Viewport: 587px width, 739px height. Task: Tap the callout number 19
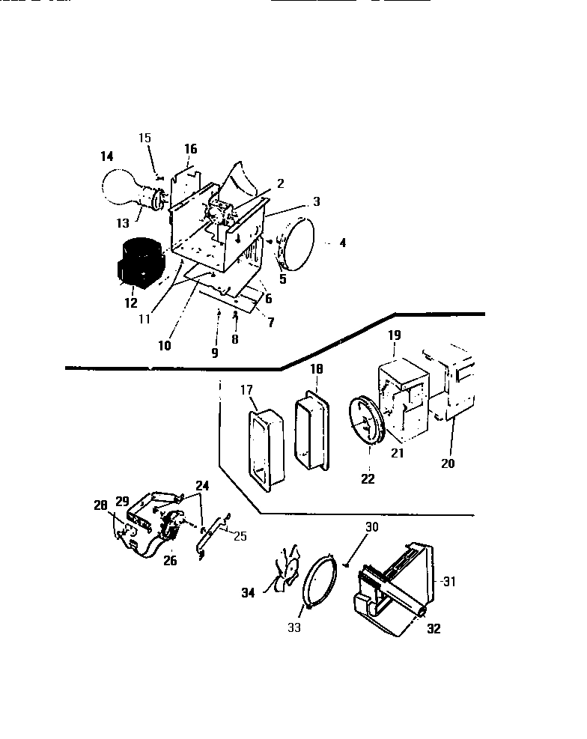tap(394, 337)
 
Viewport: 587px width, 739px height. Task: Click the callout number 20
tap(447, 463)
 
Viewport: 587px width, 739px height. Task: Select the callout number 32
tap(434, 629)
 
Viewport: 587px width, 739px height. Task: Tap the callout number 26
tap(170, 561)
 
